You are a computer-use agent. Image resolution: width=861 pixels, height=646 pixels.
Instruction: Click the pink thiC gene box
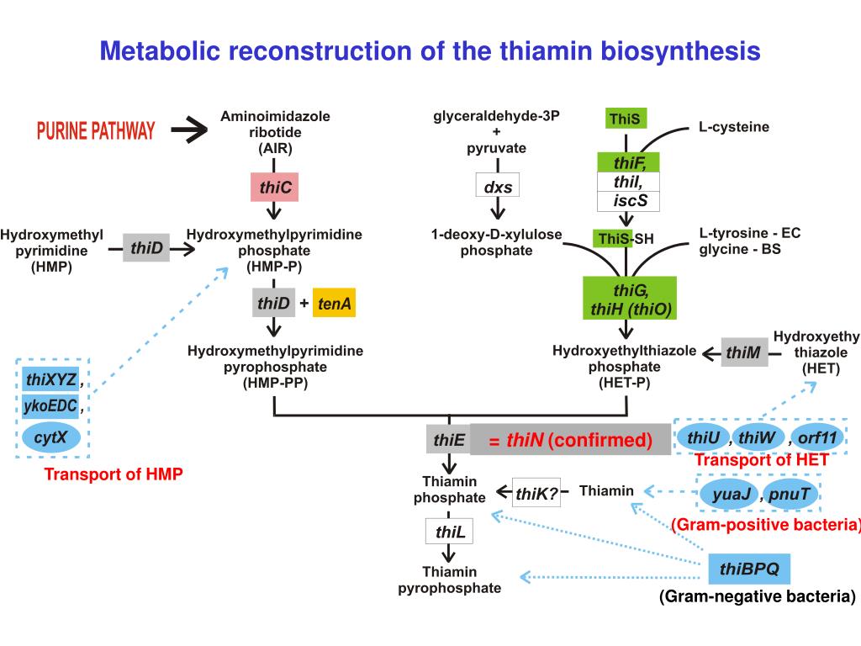pos(275,187)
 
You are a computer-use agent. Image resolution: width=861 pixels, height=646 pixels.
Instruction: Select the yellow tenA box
pos(334,303)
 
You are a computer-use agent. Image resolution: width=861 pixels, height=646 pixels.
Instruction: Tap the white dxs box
pos(498,186)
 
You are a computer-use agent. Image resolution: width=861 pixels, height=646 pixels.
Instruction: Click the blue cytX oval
pos(51,437)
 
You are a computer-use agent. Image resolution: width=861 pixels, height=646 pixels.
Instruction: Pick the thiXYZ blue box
pos(51,379)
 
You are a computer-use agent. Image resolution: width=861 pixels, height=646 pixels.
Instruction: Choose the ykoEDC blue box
pos(50,406)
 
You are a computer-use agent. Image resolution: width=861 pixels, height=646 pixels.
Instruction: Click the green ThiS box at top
pos(626,118)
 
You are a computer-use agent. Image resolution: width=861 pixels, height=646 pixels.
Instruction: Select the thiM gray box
pos(744,352)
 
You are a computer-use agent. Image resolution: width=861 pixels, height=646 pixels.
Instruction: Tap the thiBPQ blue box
pos(749,569)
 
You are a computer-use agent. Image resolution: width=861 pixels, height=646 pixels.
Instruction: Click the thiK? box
pos(536,493)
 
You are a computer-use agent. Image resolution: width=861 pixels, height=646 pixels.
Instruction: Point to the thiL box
pos(449,532)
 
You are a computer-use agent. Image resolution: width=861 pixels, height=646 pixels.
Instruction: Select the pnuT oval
pos(789,495)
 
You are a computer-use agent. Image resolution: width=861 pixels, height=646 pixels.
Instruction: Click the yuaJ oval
pos(731,495)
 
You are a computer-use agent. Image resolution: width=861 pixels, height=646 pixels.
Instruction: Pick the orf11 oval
pos(817,437)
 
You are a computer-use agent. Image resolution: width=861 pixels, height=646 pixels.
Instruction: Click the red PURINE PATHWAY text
pos(96,130)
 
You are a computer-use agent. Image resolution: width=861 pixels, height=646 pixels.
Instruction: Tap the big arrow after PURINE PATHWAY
pos(189,130)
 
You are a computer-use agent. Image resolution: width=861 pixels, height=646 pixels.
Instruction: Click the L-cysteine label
pos(733,127)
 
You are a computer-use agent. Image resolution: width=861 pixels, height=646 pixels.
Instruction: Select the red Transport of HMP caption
pos(114,474)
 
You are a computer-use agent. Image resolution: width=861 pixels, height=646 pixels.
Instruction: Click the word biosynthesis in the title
pos(680,51)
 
